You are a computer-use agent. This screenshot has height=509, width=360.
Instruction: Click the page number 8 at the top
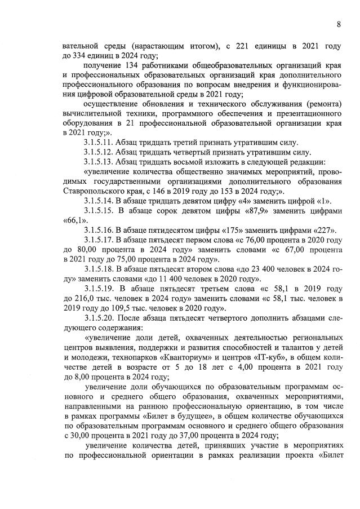tap(339, 24)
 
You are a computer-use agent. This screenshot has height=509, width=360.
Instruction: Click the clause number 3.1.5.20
tap(100, 319)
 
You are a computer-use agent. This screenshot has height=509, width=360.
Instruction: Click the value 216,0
tap(88, 299)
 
